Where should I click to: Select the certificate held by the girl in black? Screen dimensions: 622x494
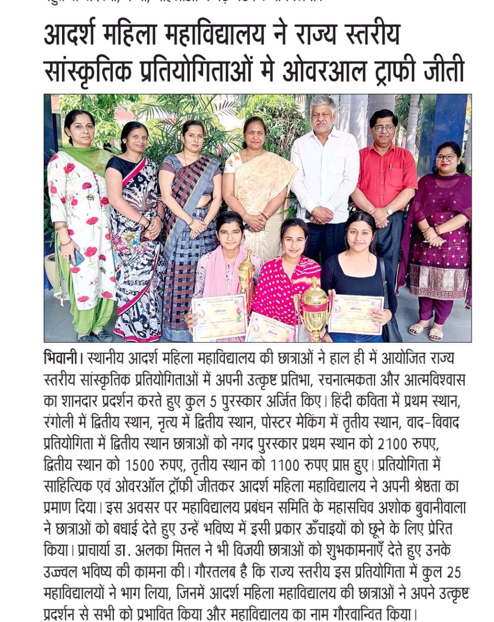[356, 314]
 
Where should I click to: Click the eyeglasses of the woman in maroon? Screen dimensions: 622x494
[446, 157]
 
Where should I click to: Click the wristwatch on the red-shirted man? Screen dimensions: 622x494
[389, 210]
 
